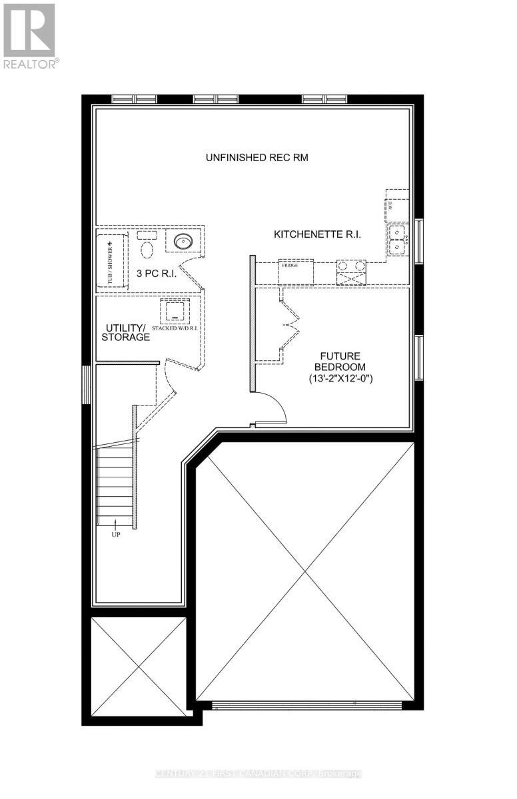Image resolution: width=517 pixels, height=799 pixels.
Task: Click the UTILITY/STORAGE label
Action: [x=125, y=333]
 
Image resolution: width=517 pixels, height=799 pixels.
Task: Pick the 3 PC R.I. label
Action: [x=157, y=273]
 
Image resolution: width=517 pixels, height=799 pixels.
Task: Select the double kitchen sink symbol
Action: [x=398, y=240]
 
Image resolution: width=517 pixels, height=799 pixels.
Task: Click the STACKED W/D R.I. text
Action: [x=175, y=328]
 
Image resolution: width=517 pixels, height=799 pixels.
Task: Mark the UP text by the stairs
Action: [x=116, y=534]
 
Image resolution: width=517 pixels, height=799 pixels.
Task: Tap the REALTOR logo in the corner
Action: [x=29, y=35]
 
